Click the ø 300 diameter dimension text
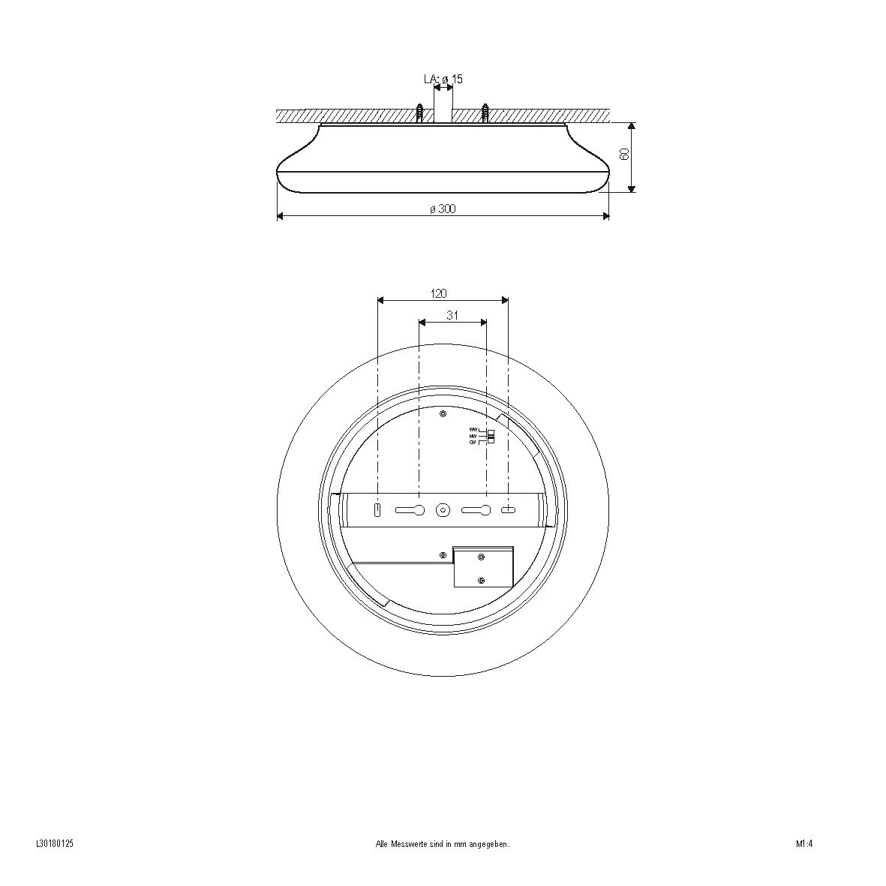pos(443,209)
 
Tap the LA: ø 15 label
pos(443,79)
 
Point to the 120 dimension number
pos(438,294)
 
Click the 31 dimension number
pos(452,316)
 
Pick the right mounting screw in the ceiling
pos(485,113)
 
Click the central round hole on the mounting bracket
pos(443,510)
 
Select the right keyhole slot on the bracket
pos(476,510)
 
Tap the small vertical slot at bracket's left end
pos(378,510)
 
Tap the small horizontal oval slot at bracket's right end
pos(509,510)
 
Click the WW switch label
pos(473,430)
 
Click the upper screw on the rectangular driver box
pos(482,557)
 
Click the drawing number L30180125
pos(54,843)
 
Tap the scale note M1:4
pos(805,843)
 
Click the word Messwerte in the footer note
pos(408,844)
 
